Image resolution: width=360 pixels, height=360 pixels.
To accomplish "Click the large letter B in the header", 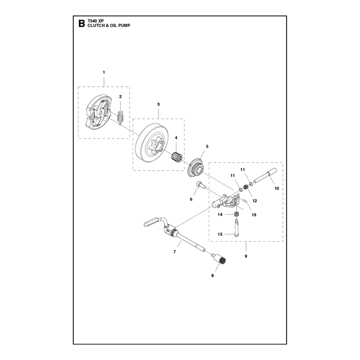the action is pos(81,24).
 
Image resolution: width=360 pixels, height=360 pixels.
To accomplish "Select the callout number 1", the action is pos(104,72).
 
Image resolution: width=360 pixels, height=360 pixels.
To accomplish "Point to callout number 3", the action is pos(158,104).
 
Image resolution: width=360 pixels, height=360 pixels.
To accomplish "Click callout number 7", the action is pos(175,252).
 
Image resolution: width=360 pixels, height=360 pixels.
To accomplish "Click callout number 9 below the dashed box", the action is pos(246,256).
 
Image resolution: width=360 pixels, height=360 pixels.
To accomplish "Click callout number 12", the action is pos(255,201).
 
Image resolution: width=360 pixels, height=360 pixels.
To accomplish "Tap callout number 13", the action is pos(254,215).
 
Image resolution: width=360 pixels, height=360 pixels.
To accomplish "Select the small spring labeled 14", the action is pos(236,215).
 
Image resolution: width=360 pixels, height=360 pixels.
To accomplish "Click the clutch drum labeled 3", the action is pos(150,142).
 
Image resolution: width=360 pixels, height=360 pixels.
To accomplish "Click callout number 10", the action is pos(277,189).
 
